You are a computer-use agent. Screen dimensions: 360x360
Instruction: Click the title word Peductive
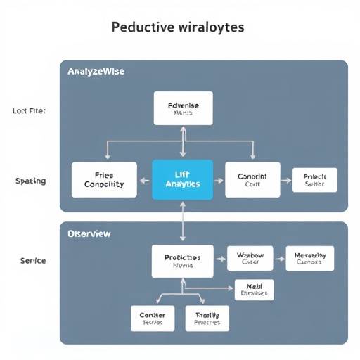click(143, 28)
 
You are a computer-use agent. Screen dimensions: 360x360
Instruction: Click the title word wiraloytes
click(210, 28)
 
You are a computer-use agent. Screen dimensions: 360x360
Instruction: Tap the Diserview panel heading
click(89, 233)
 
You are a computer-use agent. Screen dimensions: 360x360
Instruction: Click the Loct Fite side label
click(29, 111)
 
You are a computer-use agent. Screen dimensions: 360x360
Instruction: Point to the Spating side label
click(30, 181)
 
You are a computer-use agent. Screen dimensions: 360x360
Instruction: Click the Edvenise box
click(183, 108)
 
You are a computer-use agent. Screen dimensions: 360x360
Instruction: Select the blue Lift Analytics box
click(182, 179)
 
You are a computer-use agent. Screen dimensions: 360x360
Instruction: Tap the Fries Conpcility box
click(104, 179)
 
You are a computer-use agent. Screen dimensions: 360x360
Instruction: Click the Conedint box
click(252, 179)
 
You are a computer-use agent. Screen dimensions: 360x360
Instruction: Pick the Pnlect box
click(314, 180)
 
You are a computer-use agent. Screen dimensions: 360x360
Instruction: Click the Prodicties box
click(182, 262)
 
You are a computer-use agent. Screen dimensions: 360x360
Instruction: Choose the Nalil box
click(254, 289)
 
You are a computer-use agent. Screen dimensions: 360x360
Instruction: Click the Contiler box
click(152, 319)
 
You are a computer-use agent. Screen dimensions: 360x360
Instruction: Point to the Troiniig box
click(207, 319)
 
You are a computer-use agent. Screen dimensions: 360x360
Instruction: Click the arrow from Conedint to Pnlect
click(286, 180)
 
